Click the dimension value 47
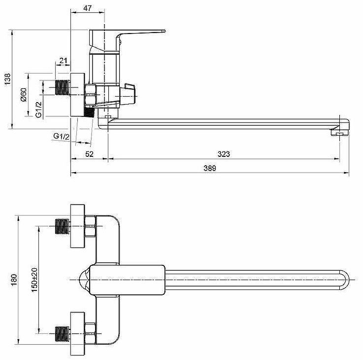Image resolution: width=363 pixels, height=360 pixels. tap(87, 8)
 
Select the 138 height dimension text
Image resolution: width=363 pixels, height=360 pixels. tap(7, 79)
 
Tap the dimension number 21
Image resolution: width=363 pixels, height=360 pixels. tap(63, 61)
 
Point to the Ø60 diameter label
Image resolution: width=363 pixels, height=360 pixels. tap(24, 95)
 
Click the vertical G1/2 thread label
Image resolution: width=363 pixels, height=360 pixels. tap(39, 109)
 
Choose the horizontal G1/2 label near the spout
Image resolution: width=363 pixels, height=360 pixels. tap(62, 136)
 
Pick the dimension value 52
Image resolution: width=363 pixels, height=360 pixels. tap(89, 154)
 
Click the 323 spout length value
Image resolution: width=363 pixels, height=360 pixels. tap(224, 154)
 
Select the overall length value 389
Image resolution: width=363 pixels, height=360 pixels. tap(210, 168)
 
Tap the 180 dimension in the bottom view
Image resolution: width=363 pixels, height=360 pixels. tap(14, 280)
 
